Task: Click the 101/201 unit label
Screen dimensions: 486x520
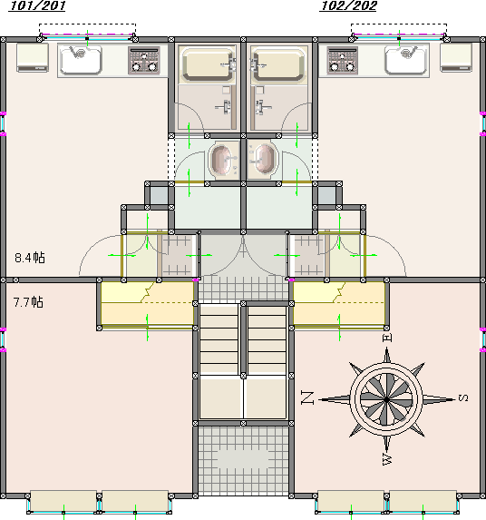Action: (x=37, y=5)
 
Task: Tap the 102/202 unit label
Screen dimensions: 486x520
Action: (x=348, y=5)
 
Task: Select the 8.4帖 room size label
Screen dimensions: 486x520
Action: (x=30, y=258)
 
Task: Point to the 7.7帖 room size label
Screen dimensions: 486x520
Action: (x=28, y=302)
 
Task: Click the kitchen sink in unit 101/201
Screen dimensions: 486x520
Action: (x=81, y=60)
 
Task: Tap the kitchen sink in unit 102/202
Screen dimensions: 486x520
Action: (x=406, y=60)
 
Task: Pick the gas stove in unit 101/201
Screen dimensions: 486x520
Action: (x=144, y=60)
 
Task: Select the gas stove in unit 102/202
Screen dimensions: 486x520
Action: (x=342, y=60)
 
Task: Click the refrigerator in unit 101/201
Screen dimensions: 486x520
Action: (x=33, y=58)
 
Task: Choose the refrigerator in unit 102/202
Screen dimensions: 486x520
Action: (x=456, y=58)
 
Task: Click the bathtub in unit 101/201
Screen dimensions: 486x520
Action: (x=208, y=64)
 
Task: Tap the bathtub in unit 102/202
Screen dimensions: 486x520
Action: (x=278, y=64)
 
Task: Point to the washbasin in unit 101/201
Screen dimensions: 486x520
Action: (x=224, y=160)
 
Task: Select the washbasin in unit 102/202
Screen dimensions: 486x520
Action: (x=263, y=160)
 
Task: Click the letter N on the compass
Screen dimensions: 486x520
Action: (x=307, y=397)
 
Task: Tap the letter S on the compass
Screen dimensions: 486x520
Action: (x=463, y=397)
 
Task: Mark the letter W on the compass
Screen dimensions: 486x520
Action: (x=387, y=458)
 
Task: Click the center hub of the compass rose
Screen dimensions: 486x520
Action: (x=386, y=400)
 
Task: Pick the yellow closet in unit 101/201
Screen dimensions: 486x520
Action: (x=147, y=304)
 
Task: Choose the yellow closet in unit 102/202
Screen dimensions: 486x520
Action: (x=339, y=304)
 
